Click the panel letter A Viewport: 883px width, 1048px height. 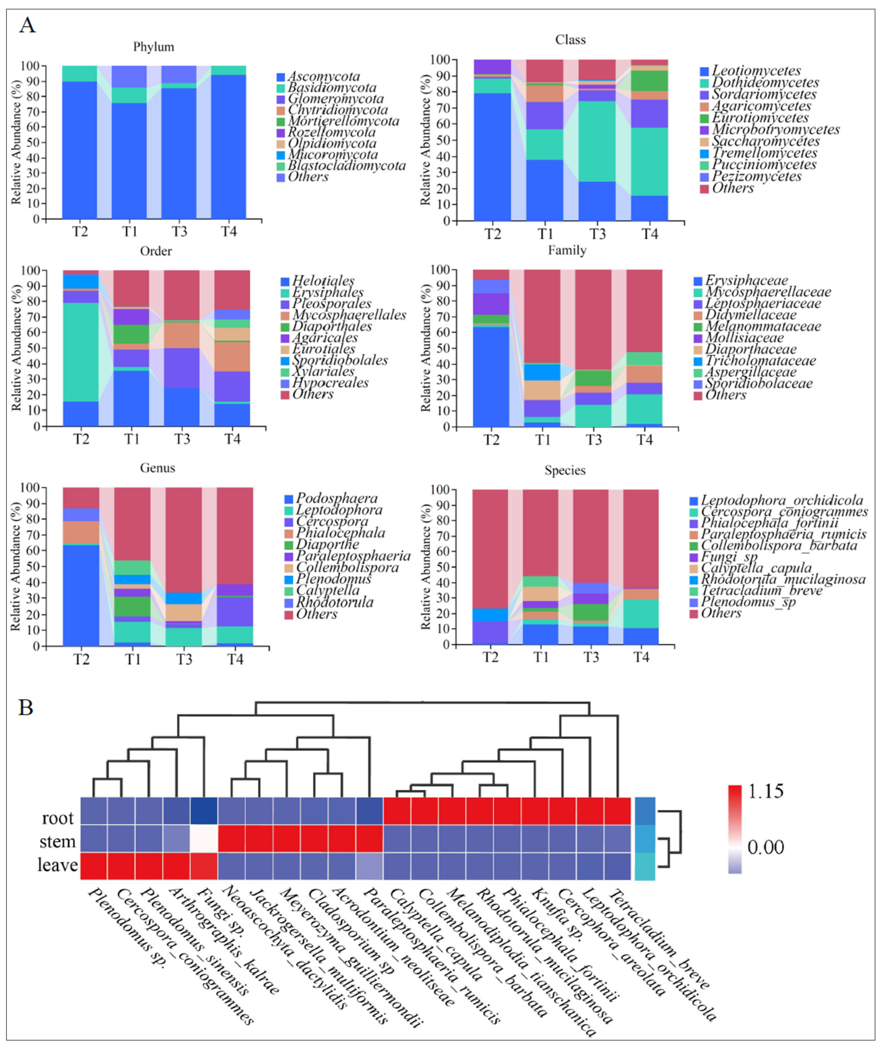pos(28,24)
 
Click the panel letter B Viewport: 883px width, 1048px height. pos(26,708)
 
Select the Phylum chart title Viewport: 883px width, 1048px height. pos(154,47)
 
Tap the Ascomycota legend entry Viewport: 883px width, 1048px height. pos(323,77)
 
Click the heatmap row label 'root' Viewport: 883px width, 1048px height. pos(58,818)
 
